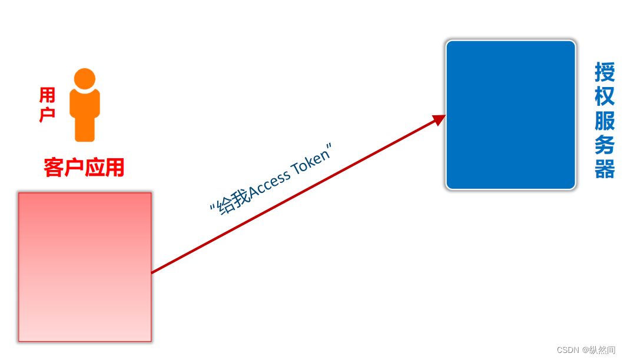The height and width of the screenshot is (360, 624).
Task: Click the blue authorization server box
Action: click(510, 115)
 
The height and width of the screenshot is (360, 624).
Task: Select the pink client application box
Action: click(85, 266)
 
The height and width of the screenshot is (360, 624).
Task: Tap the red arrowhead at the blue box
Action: click(439, 119)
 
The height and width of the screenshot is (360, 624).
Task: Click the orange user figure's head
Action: click(85, 79)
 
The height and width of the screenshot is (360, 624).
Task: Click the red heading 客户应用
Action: click(84, 168)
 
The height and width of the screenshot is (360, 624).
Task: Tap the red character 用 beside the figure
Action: click(48, 95)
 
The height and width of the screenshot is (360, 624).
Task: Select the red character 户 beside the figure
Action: click(48, 114)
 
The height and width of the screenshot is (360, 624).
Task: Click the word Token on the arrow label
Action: click(312, 162)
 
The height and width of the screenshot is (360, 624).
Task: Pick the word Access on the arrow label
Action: click(270, 185)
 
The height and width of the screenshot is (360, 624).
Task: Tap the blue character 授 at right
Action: click(605, 73)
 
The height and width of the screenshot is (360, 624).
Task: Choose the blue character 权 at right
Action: click(605, 96)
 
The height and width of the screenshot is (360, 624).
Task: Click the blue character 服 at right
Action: click(605, 121)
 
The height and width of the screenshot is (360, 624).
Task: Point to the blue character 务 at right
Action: click(605, 145)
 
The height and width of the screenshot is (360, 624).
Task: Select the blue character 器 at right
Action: click(605, 169)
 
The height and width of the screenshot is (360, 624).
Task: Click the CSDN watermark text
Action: click(568, 350)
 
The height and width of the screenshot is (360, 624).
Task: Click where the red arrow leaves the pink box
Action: click(153, 272)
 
